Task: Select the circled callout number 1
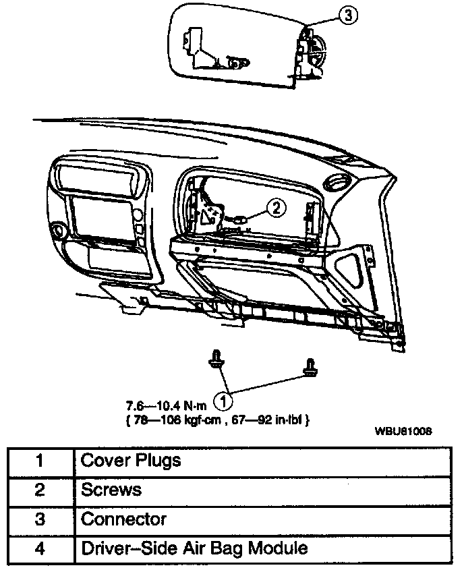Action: [223, 400]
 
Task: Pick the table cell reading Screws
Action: [112, 490]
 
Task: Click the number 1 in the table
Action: [39, 461]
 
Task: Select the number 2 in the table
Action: [39, 490]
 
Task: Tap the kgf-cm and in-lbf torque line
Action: [217, 420]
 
